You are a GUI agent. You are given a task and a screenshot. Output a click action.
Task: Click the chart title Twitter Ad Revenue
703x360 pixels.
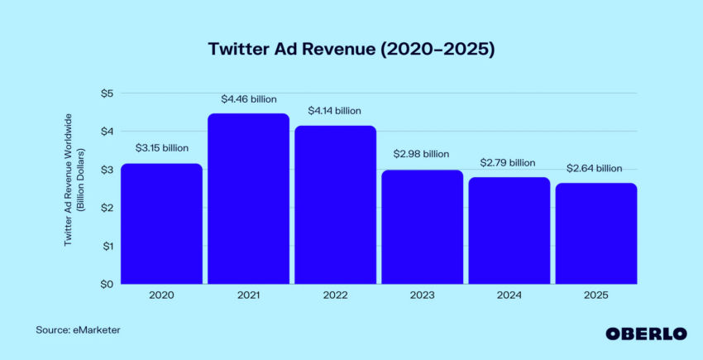tap(351, 50)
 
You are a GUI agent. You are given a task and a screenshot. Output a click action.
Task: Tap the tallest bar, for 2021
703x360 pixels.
tap(248, 199)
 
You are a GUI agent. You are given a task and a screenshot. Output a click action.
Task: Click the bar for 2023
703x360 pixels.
tap(422, 227)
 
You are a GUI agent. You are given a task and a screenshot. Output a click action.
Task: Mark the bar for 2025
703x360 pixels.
tap(595, 233)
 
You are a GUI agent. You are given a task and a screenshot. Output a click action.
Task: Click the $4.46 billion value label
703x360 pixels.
tap(248, 98)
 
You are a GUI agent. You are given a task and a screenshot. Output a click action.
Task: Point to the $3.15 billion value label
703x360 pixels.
tap(161, 148)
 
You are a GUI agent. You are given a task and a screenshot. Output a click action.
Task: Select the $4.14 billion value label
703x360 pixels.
tap(334, 110)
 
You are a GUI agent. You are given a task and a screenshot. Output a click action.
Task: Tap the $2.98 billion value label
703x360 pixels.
tap(422, 154)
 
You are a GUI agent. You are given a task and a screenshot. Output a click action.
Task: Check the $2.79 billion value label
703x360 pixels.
tap(508, 162)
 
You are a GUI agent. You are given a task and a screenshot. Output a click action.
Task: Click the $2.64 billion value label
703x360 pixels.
tap(595, 168)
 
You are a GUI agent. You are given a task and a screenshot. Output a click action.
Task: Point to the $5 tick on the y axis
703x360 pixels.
tap(106, 93)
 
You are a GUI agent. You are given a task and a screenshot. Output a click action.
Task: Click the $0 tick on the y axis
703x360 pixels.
tap(106, 284)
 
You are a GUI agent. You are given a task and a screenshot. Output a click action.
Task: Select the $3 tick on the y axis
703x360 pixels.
tap(106, 170)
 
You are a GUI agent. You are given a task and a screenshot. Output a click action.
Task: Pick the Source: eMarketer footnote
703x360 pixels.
tap(78, 330)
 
